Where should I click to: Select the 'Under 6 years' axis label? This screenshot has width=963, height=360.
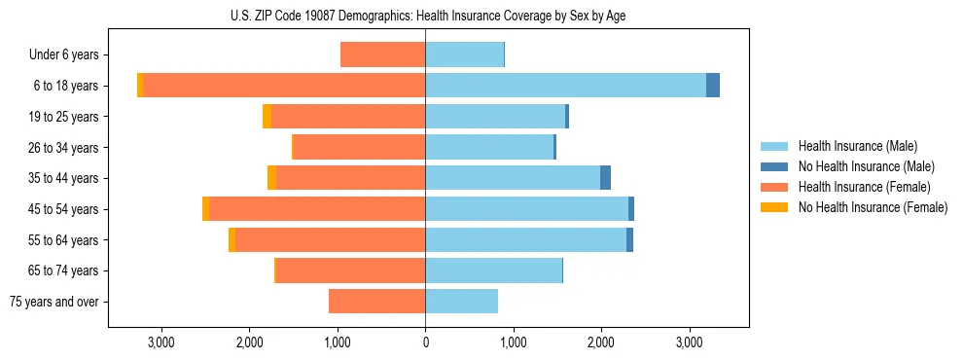(x=68, y=54)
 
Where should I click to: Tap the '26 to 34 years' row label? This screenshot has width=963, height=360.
(x=65, y=148)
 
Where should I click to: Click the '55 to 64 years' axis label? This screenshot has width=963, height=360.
(x=65, y=240)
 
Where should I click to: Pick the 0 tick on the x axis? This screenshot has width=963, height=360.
(x=425, y=342)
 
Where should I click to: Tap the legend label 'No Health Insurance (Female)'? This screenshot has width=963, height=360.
(x=873, y=207)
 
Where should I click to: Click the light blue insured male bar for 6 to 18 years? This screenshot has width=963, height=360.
(x=565, y=86)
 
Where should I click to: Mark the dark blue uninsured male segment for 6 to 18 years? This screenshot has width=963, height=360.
(x=713, y=86)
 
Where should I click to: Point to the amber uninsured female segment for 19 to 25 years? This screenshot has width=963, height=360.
(x=267, y=117)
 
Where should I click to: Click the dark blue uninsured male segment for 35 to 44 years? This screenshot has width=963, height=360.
(x=605, y=178)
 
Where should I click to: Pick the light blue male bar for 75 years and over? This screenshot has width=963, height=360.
(x=461, y=302)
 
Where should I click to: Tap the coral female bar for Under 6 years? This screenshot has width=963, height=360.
(x=382, y=54)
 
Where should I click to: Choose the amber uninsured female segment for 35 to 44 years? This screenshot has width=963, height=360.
(x=271, y=178)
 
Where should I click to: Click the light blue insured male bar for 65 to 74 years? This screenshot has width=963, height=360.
(x=493, y=270)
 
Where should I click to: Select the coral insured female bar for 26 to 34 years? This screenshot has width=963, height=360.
(x=359, y=148)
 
